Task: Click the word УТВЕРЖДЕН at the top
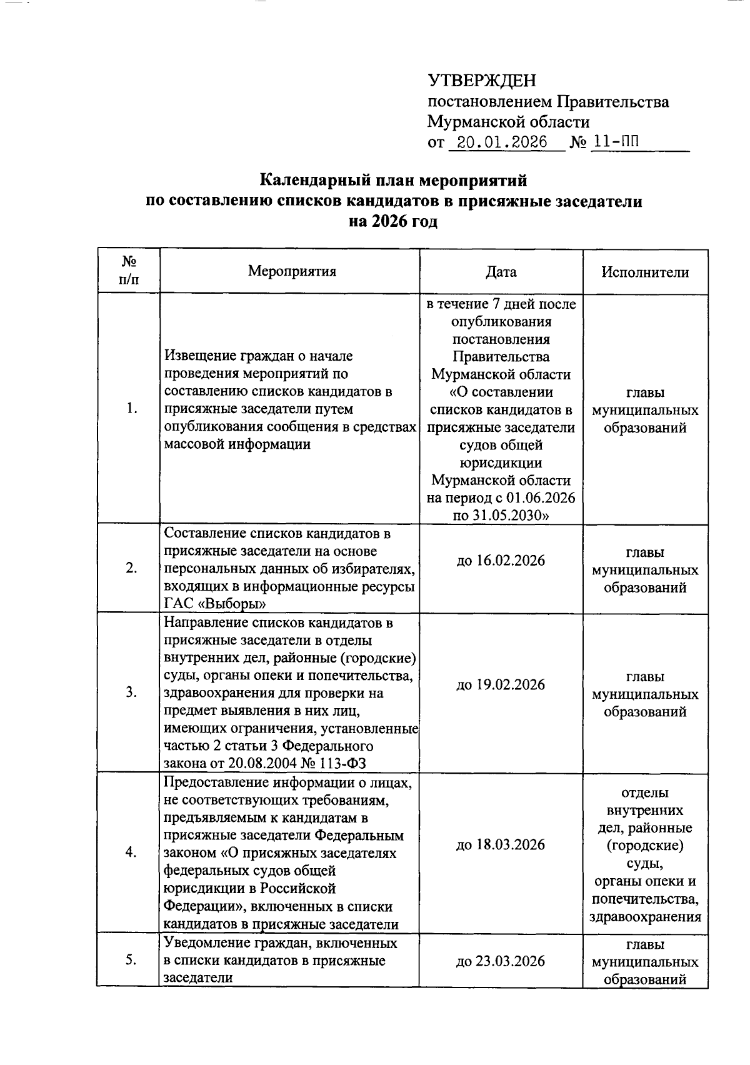coord(482,81)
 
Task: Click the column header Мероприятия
coord(292,271)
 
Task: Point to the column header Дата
coord(501,272)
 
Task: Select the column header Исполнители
coord(645,272)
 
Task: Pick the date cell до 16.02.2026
coord(501,561)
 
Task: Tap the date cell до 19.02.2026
coord(501,685)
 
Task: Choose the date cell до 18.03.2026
coord(501,845)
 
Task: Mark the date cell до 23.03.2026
coord(501,961)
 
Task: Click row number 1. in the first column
coord(131,409)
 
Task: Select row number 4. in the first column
coord(131,852)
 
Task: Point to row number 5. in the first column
coord(131,961)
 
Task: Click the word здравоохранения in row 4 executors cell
coord(645,917)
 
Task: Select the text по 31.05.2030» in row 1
coord(501,516)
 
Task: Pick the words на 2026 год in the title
coord(393,222)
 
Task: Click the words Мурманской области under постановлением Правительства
coord(508,122)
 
